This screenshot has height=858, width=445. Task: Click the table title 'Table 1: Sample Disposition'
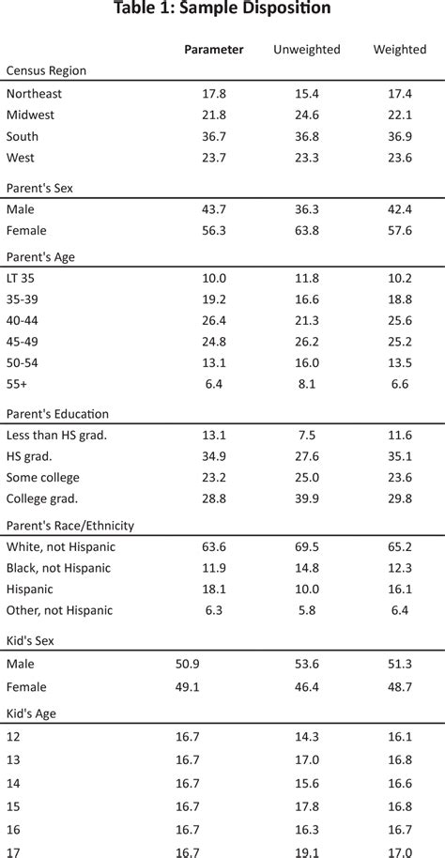point(222,9)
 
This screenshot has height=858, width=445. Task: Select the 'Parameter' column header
point(213,49)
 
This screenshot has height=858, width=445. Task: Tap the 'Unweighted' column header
point(306,49)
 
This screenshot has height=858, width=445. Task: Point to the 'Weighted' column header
point(399,49)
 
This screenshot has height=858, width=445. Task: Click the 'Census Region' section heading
point(47,70)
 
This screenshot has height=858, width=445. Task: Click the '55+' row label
point(18,383)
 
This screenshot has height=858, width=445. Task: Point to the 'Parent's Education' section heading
point(57,414)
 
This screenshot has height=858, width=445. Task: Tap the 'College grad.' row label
point(42,498)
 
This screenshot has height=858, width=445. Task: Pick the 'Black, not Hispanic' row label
point(58,568)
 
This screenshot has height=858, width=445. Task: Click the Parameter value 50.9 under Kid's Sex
point(188,664)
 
